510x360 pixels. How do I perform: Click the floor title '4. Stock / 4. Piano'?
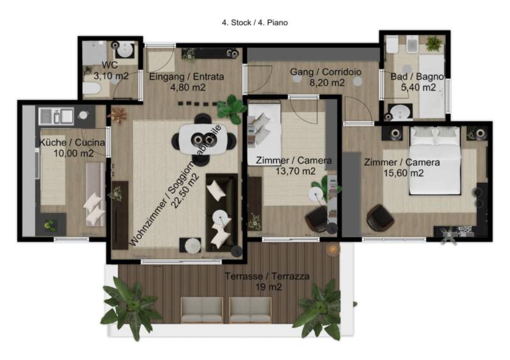pyautogui.click(x=254, y=23)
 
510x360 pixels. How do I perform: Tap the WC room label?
pyautogui.click(x=110, y=65)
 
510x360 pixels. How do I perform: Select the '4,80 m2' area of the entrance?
pyautogui.click(x=187, y=87)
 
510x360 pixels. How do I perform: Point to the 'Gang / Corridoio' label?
pyautogui.click(x=326, y=71)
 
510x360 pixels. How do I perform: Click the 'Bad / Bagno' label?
pyautogui.click(x=417, y=76)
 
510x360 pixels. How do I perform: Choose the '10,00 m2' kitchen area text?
pyautogui.click(x=73, y=153)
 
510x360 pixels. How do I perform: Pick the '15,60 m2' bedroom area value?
pyautogui.click(x=404, y=173)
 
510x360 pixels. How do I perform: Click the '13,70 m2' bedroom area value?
pyautogui.click(x=295, y=171)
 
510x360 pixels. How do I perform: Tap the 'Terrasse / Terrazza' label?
pyautogui.click(x=267, y=277)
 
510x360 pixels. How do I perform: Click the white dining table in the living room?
pyautogui.click(x=203, y=140)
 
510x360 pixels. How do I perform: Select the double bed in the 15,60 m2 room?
pyautogui.click(x=435, y=161)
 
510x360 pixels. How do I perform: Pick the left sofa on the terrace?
pyautogui.click(x=202, y=310)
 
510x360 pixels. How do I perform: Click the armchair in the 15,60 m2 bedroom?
pyautogui.click(x=380, y=217)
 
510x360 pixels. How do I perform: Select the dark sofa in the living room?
pyautogui.click(x=221, y=213)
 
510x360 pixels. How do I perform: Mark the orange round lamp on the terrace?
pyautogui.click(x=333, y=249)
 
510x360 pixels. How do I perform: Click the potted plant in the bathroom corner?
pyautogui.click(x=433, y=43)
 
